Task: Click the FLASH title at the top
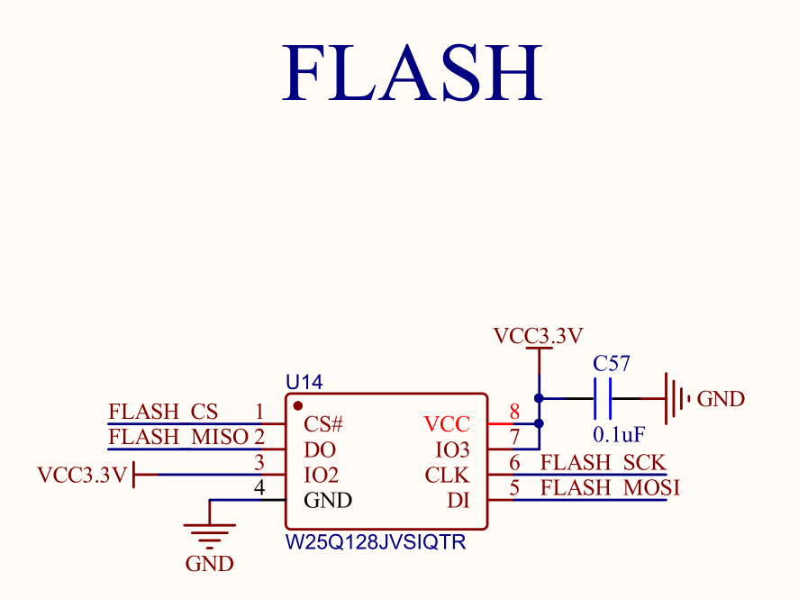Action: (413, 72)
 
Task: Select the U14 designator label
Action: (304, 383)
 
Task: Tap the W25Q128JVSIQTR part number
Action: (376, 543)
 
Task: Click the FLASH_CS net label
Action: (163, 413)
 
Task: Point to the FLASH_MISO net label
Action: (177, 438)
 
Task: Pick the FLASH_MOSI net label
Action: (609, 488)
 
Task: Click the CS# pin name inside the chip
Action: (324, 423)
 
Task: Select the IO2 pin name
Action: (322, 475)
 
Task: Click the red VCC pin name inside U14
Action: (447, 423)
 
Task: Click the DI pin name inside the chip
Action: (459, 501)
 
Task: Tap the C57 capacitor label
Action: (612, 364)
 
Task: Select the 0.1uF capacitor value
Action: (619, 434)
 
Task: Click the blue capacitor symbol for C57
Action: (604, 398)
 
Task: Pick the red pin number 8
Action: (514, 413)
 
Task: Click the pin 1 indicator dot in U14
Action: (298, 406)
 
